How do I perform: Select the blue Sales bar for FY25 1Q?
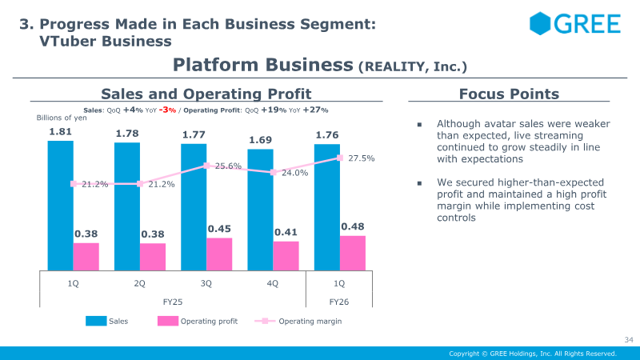[60, 205]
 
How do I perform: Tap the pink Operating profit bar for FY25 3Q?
[219, 254]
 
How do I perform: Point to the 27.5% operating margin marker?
[340, 158]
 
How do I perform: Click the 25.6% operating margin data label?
[228, 166]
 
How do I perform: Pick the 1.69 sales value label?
[260, 140]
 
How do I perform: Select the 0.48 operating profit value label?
[353, 227]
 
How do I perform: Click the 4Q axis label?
[273, 283]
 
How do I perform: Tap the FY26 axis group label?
[339, 303]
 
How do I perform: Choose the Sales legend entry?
[107, 322]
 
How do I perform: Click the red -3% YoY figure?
[167, 110]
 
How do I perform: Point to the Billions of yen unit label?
[62, 118]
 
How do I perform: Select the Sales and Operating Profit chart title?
[206, 94]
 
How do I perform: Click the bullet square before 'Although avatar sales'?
[418, 125]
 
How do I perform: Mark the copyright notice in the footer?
[533, 354]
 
